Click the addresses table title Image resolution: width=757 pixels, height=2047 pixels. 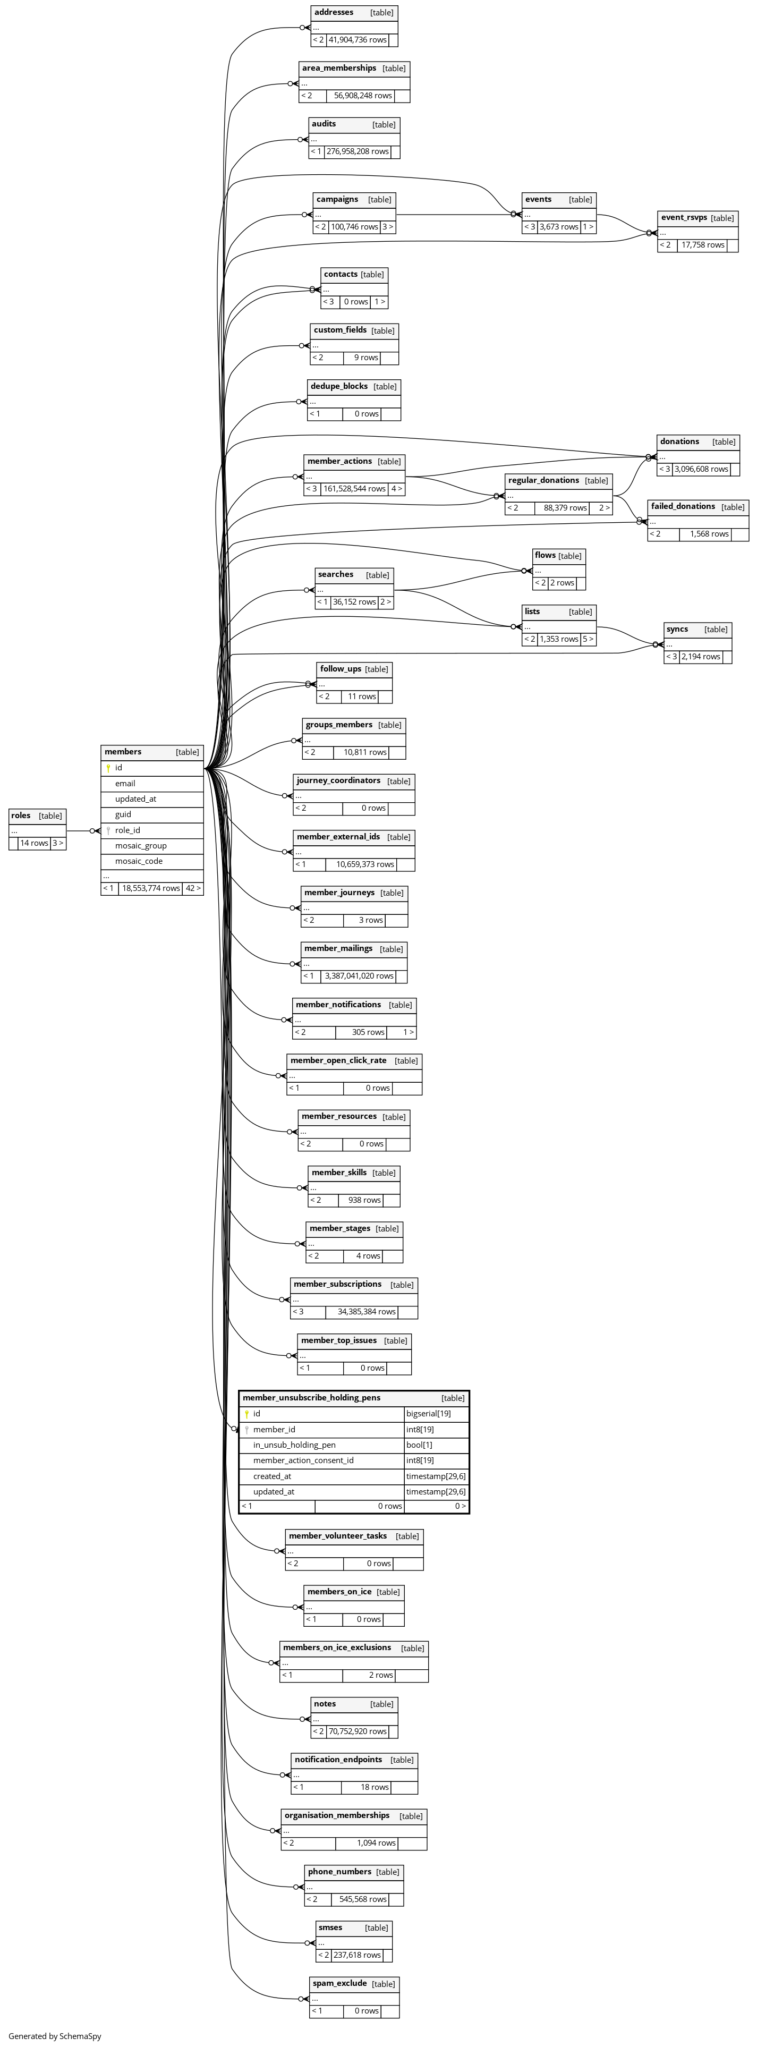334,13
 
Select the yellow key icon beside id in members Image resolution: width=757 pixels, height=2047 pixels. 108,768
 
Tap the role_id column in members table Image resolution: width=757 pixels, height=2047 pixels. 127,830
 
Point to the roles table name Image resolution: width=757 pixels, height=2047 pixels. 21,816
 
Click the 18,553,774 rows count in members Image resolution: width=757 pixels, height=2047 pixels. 150,888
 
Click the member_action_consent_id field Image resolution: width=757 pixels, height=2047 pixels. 303,1460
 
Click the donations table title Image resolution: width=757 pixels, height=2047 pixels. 679,442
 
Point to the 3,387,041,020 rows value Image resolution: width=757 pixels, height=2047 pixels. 358,976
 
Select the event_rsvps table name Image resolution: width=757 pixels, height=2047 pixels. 683,218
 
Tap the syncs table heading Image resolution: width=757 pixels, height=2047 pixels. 677,630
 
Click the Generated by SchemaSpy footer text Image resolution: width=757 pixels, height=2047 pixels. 55,2036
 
